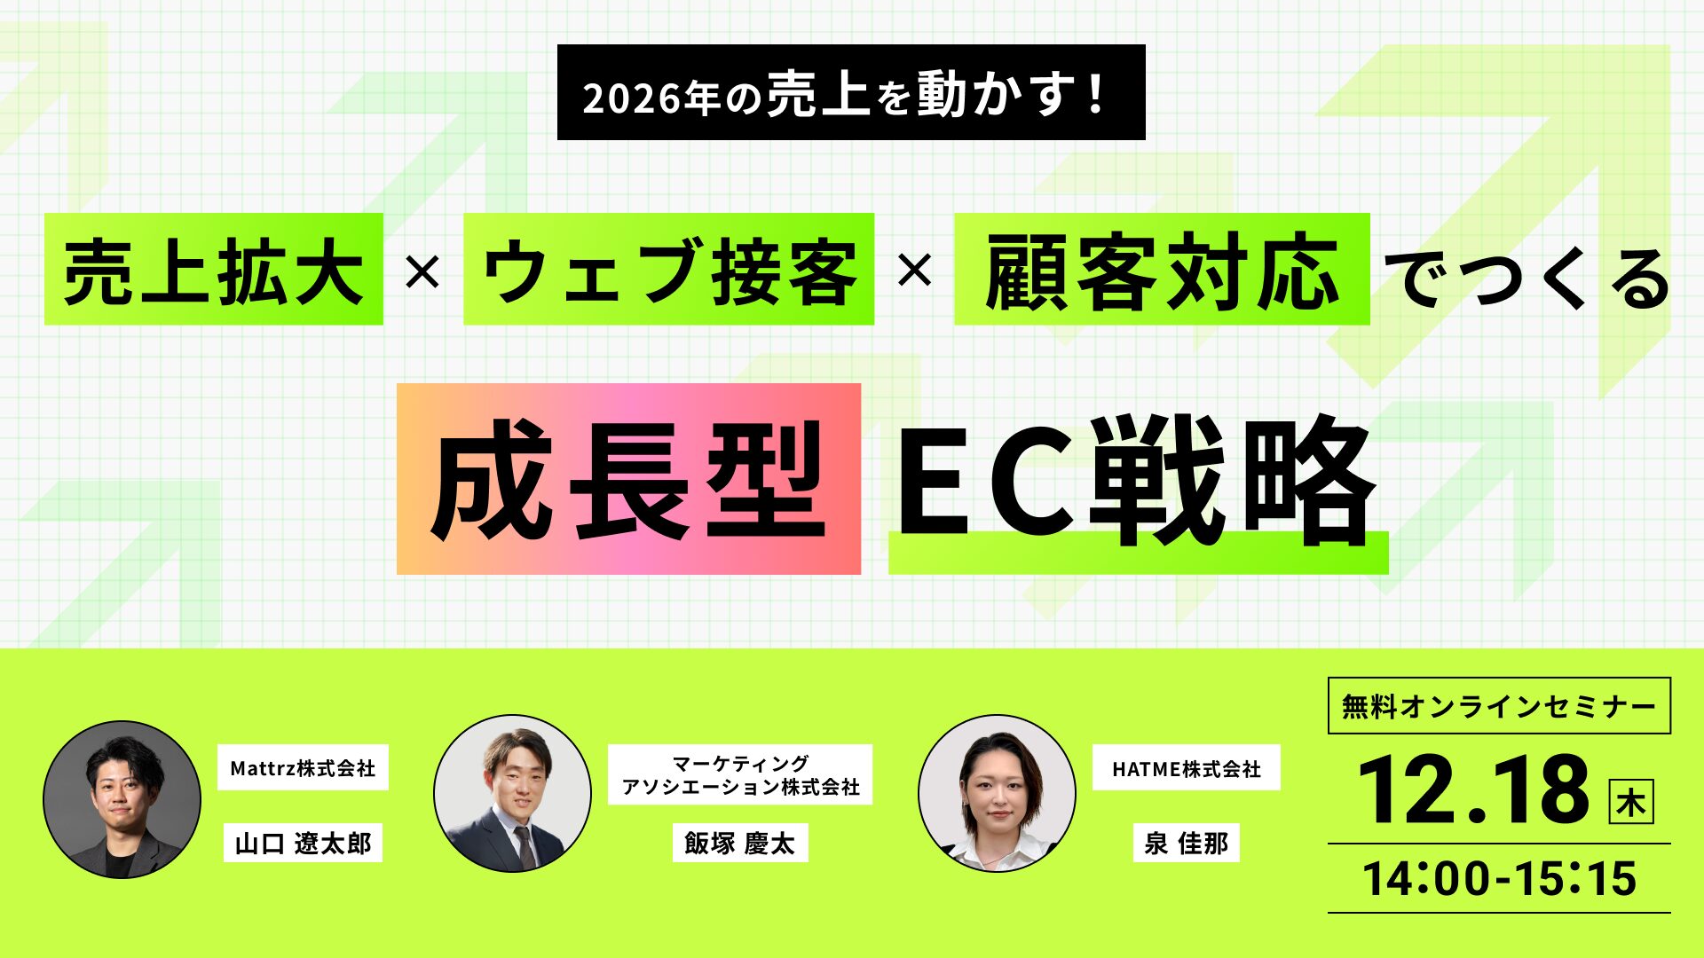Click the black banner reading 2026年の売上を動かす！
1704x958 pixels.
click(x=850, y=93)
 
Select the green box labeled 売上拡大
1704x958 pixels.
click(x=214, y=270)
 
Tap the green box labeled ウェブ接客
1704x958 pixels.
click(x=668, y=270)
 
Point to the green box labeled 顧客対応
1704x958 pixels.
click(x=1161, y=270)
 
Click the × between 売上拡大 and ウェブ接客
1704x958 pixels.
click(x=422, y=271)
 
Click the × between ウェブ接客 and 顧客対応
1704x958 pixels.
click(x=914, y=271)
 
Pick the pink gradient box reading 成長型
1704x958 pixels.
click(x=628, y=479)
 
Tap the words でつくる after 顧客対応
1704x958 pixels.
click(x=1526, y=277)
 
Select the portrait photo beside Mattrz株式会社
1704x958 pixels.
click(x=122, y=799)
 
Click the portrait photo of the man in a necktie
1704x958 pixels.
click(x=512, y=793)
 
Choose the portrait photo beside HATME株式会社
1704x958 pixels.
click(x=997, y=793)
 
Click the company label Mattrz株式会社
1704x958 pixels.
click(x=303, y=768)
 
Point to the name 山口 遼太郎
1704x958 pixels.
click(x=303, y=843)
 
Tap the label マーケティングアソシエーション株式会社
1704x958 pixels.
click(x=740, y=775)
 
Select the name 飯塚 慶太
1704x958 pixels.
click(x=739, y=843)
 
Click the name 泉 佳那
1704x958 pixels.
click(x=1186, y=843)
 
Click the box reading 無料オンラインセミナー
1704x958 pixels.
click(x=1499, y=706)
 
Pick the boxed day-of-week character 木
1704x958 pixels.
click(x=1631, y=802)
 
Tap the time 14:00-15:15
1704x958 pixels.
click(x=1499, y=878)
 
